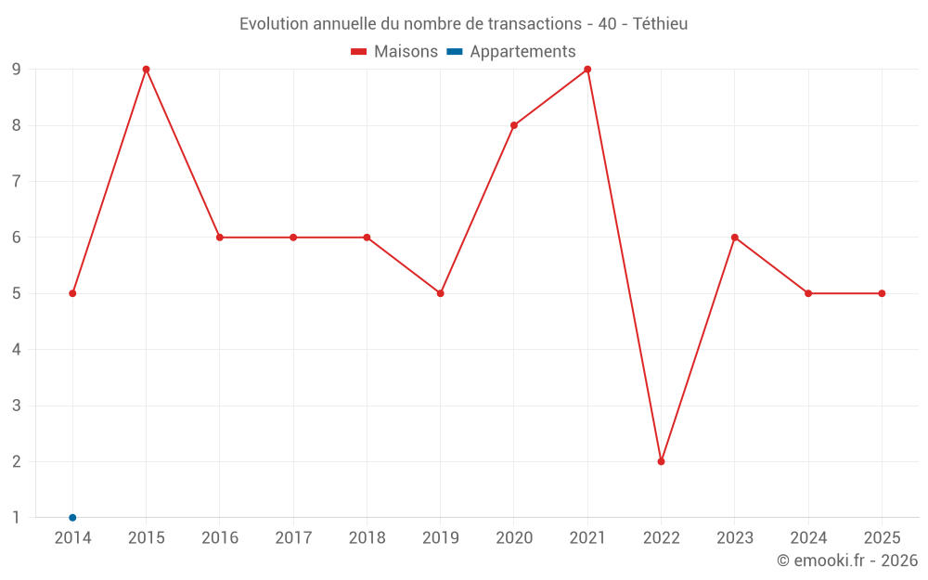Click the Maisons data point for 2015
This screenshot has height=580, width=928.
pyautogui.click(x=146, y=70)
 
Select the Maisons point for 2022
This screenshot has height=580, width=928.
pyautogui.click(x=661, y=461)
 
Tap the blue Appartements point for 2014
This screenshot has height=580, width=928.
pyautogui.click(x=72, y=517)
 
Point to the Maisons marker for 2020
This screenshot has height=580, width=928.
pyautogui.click(x=514, y=125)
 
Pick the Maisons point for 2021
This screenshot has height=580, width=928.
pyautogui.click(x=587, y=70)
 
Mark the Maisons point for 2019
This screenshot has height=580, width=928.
pyautogui.click(x=441, y=293)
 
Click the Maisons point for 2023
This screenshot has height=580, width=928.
pyautogui.click(x=735, y=238)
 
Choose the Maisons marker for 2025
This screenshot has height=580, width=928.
pyautogui.click(x=882, y=293)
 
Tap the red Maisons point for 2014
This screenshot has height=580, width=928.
pyautogui.click(x=72, y=293)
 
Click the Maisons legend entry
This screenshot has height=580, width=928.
pyautogui.click(x=394, y=52)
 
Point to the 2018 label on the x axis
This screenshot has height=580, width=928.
pyautogui.click(x=367, y=537)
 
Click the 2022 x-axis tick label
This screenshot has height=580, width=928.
pyautogui.click(x=661, y=537)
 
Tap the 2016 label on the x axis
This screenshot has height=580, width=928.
pyautogui.click(x=220, y=537)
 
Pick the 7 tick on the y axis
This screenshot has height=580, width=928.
pyautogui.click(x=17, y=181)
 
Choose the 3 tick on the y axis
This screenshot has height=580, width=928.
pyautogui.click(x=17, y=406)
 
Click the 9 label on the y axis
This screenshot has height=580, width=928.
pyautogui.click(x=17, y=70)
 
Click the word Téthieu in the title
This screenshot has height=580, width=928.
pyautogui.click(x=660, y=24)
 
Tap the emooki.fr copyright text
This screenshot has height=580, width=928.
pyautogui.click(x=847, y=561)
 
